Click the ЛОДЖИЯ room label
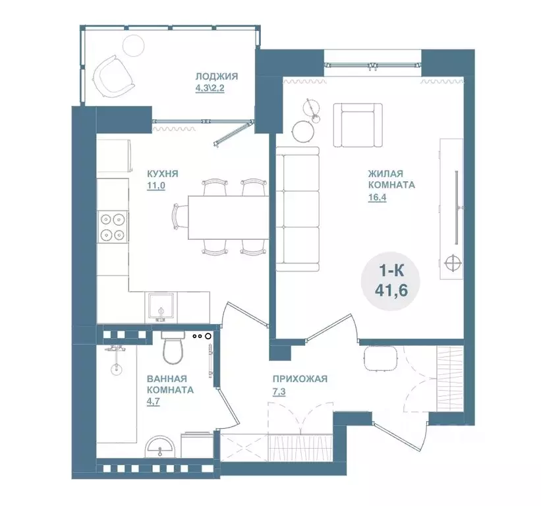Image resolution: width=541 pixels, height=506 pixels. [217, 76]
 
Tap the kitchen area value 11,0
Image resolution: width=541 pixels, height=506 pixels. [156, 186]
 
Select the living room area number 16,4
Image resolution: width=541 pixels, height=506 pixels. [377, 197]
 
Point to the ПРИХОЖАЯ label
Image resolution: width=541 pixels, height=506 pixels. [300, 379]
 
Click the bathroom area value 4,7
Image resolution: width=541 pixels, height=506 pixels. [153, 401]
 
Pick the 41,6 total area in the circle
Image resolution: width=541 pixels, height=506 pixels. [391, 291]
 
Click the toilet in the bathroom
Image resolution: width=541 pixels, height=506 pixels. [173, 348]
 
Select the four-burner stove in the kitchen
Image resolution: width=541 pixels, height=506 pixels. [113, 226]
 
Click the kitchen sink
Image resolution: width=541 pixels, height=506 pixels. [161, 308]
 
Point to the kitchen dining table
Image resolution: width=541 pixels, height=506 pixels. [228, 217]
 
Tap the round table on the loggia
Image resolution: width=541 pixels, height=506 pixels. [134, 45]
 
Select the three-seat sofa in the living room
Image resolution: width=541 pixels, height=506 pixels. [297, 209]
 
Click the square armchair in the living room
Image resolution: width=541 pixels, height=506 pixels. [358, 125]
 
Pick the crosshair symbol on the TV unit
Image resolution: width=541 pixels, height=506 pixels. [453, 262]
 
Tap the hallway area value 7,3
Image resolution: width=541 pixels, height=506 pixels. [279, 392]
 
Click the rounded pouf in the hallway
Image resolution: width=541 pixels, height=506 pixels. [381, 358]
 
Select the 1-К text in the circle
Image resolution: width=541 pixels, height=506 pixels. [391, 271]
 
